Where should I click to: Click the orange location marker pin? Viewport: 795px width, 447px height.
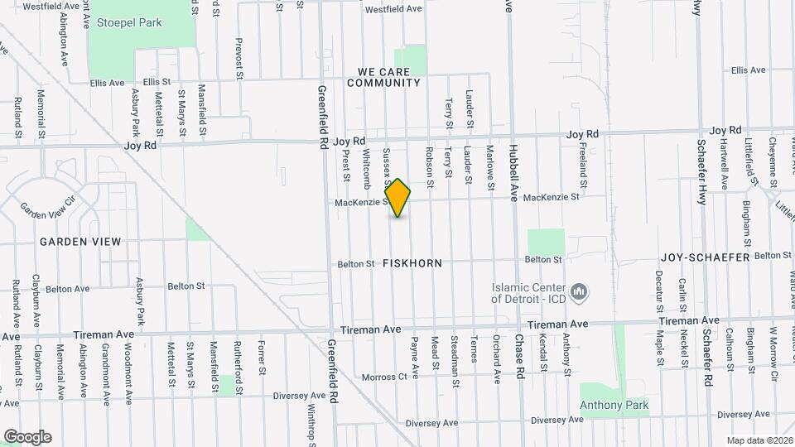(398, 198)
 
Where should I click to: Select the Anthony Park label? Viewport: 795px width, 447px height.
(614, 405)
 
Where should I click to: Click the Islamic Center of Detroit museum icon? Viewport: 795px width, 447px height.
(581, 291)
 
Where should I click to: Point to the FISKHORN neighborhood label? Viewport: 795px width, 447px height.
(412, 263)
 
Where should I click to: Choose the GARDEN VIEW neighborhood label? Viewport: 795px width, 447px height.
(79, 242)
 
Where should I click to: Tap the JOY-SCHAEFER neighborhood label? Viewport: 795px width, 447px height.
(705, 257)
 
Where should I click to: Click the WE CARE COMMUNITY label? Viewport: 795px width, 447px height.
(383, 77)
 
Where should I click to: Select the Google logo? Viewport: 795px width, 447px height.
(27, 436)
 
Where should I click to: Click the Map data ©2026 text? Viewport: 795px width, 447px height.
(759, 440)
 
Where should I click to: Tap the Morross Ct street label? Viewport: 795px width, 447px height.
(384, 377)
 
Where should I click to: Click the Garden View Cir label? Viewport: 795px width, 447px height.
(47, 204)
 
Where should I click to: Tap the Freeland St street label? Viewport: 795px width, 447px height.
(583, 163)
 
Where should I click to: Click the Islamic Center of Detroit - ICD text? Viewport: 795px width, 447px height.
(529, 291)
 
